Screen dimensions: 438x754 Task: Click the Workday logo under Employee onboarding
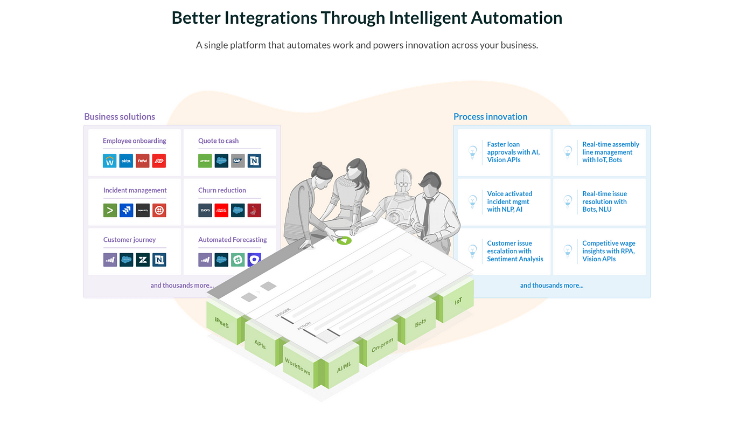[x=110, y=161]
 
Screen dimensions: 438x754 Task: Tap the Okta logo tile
[x=126, y=161]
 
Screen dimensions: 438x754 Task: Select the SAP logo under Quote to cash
[x=238, y=161]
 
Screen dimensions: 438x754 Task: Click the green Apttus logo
[x=205, y=161]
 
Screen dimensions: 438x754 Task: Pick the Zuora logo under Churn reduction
[x=205, y=210]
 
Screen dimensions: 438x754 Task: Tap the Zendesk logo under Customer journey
[x=143, y=260]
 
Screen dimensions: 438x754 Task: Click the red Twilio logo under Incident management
[x=159, y=210]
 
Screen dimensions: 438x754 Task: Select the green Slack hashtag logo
[x=238, y=260]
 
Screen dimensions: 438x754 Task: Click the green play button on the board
[x=344, y=240]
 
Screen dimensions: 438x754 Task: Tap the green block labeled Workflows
[x=297, y=367]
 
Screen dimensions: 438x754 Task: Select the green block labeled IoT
[x=458, y=302]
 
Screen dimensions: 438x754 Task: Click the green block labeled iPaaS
[x=221, y=323]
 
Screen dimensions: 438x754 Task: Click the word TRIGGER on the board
[x=282, y=314]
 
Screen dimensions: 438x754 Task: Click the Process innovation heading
[x=490, y=116]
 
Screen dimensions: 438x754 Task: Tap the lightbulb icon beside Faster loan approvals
[x=472, y=152]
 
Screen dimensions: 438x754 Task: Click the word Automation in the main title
[x=516, y=18]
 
